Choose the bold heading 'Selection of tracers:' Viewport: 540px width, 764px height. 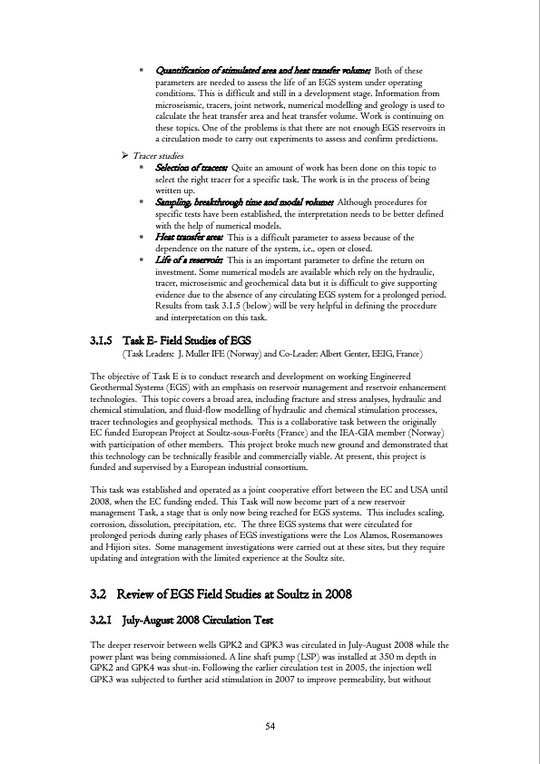pos(192,168)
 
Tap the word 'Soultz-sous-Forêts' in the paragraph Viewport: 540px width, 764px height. pos(299,434)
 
